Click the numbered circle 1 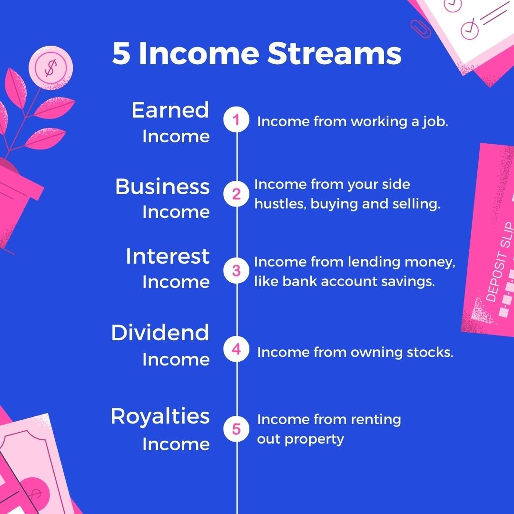(237, 119)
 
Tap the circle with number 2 (237, 194)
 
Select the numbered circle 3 (237, 271)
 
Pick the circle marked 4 (237, 349)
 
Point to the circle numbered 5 (237, 429)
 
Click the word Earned (170, 110)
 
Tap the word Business (162, 187)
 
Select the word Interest (168, 256)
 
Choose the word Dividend (160, 332)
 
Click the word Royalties (160, 416)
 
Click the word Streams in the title (335, 53)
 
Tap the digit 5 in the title (121, 53)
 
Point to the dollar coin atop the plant (51, 68)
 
